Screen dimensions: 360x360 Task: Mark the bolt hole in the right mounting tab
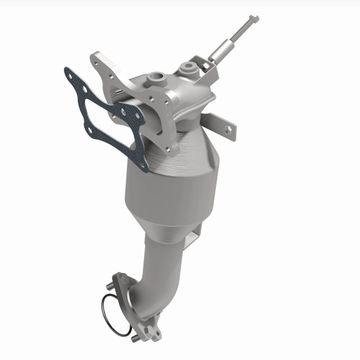click(228, 130)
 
